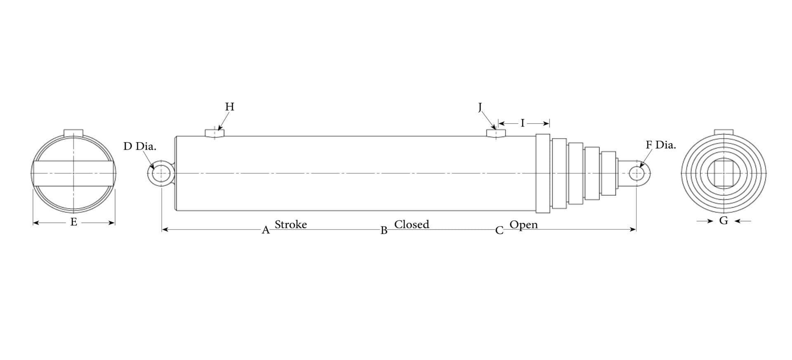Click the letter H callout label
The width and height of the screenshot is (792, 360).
pyautogui.click(x=230, y=107)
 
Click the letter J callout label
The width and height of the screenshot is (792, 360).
pyautogui.click(x=480, y=107)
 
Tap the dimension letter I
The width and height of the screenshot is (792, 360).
pyautogui.click(x=523, y=123)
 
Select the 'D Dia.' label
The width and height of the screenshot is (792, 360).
pyautogui.click(x=140, y=146)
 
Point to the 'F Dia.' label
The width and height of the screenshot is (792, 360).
pyautogui.click(x=661, y=145)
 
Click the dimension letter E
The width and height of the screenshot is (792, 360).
pyautogui.click(x=74, y=222)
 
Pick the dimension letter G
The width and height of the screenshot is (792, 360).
pyautogui.click(x=724, y=221)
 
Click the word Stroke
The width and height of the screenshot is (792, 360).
pyautogui.click(x=291, y=225)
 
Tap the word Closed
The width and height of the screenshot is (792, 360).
pyautogui.click(x=412, y=225)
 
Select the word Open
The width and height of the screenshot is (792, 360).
pyautogui.click(x=524, y=225)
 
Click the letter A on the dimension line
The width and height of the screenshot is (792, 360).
pyautogui.click(x=266, y=231)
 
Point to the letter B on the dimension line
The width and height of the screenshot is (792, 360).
pyautogui.click(x=384, y=231)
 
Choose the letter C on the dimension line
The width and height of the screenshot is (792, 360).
pyautogui.click(x=500, y=231)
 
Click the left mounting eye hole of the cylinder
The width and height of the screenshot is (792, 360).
pyautogui.click(x=161, y=173)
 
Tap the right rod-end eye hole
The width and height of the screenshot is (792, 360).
pyautogui.click(x=636, y=173)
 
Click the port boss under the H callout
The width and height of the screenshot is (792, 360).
pyautogui.click(x=214, y=133)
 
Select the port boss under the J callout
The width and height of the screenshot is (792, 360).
pyautogui.click(x=496, y=134)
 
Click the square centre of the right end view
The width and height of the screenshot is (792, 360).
pyautogui.click(x=724, y=173)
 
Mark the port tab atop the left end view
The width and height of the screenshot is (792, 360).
pyautogui.click(x=73, y=133)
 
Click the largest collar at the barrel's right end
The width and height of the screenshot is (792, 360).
pyautogui.click(x=543, y=173)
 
